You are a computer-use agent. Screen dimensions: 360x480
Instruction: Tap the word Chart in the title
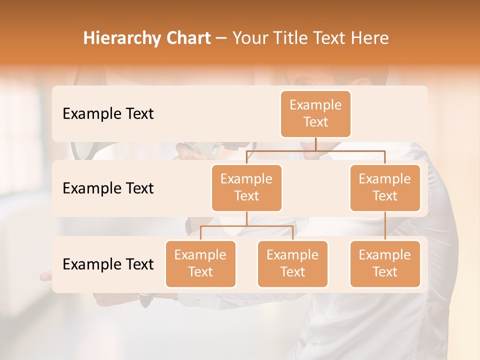tap(187, 38)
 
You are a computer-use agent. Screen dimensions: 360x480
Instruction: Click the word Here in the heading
tap(370, 38)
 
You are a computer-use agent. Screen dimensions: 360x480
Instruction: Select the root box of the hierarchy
tap(315, 114)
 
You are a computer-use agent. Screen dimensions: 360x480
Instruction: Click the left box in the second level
tap(246, 188)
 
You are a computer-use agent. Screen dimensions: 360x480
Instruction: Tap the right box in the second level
tap(385, 188)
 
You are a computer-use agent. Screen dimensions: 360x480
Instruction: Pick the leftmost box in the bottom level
tap(200, 264)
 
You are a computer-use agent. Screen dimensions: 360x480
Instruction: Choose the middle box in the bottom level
tap(292, 264)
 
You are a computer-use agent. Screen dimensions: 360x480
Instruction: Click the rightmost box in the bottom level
tap(385, 264)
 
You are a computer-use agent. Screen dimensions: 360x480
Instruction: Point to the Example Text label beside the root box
tap(108, 114)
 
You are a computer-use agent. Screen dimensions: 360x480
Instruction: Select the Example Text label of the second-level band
tap(108, 188)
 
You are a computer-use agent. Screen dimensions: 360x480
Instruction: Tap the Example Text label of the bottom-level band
tap(108, 264)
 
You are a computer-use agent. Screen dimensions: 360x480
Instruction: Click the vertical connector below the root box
tap(315, 144)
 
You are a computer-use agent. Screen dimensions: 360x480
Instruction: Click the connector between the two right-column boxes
tap(385, 226)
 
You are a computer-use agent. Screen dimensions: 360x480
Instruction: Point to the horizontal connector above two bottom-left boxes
tap(246, 226)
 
